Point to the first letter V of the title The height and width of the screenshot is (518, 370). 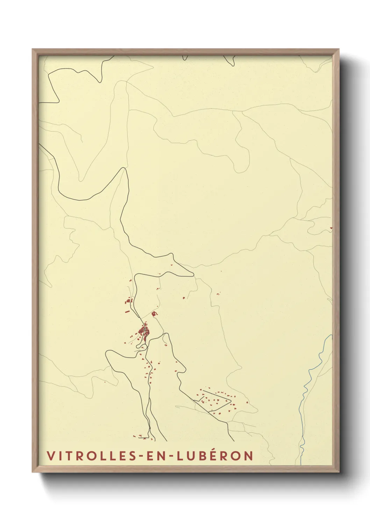tap(50, 456)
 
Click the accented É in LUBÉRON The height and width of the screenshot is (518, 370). tap(213, 455)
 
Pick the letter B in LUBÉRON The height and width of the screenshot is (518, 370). tap(202, 456)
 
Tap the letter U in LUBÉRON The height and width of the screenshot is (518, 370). tap(191, 456)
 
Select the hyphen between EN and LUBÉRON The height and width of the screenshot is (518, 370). tap(171, 456)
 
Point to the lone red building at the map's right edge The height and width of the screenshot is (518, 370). tap(331, 228)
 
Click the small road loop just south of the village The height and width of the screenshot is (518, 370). tap(141, 346)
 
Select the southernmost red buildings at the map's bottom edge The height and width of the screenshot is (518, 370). tap(141, 436)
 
